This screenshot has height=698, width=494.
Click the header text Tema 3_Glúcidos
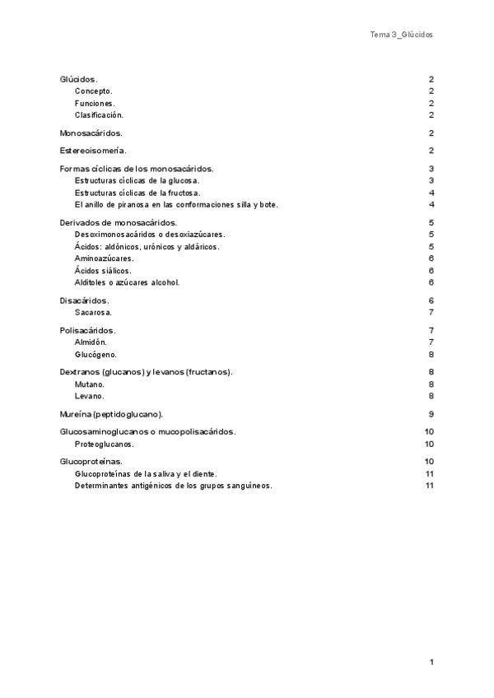(401, 35)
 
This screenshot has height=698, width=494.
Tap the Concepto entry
(93, 91)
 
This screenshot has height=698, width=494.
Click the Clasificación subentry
(99, 115)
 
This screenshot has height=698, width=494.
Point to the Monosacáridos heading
(91, 133)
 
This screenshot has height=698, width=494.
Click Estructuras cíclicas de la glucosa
(137, 180)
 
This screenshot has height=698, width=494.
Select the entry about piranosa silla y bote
(176, 204)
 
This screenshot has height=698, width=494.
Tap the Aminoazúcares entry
(104, 258)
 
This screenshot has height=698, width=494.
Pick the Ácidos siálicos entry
(102, 270)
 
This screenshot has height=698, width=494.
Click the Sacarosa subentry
(93, 313)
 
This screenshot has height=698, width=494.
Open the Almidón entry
(91, 342)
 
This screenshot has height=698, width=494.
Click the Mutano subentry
(89, 384)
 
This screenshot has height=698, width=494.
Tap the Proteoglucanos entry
(105, 444)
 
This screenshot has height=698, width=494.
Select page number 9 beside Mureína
(431, 414)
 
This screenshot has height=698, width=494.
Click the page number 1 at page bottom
(431, 662)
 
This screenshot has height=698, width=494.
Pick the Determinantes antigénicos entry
(173, 486)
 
